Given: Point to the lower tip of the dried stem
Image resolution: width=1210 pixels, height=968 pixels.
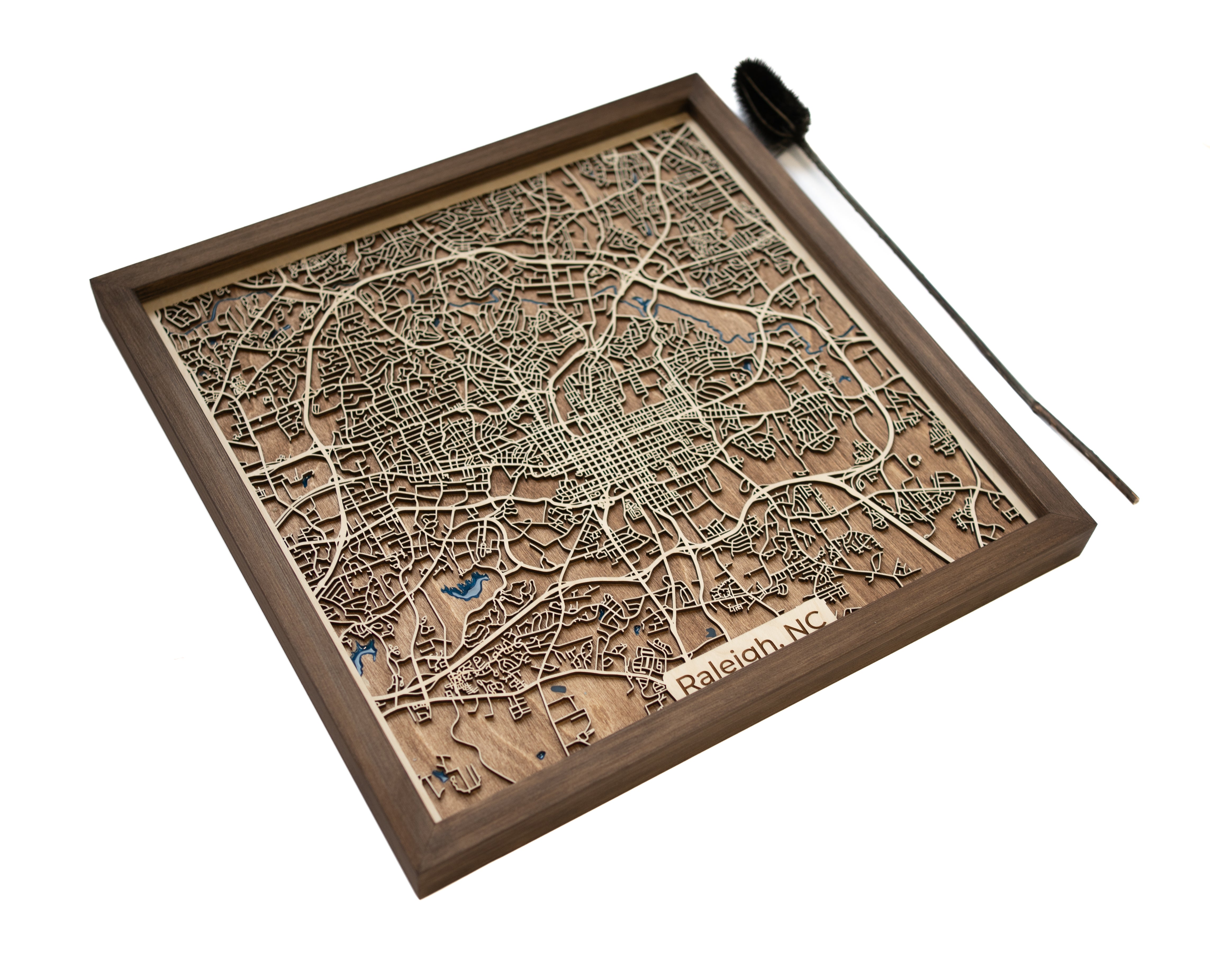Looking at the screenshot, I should (1135, 498).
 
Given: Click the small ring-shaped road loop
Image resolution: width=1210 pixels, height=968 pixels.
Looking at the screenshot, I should (915, 459).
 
